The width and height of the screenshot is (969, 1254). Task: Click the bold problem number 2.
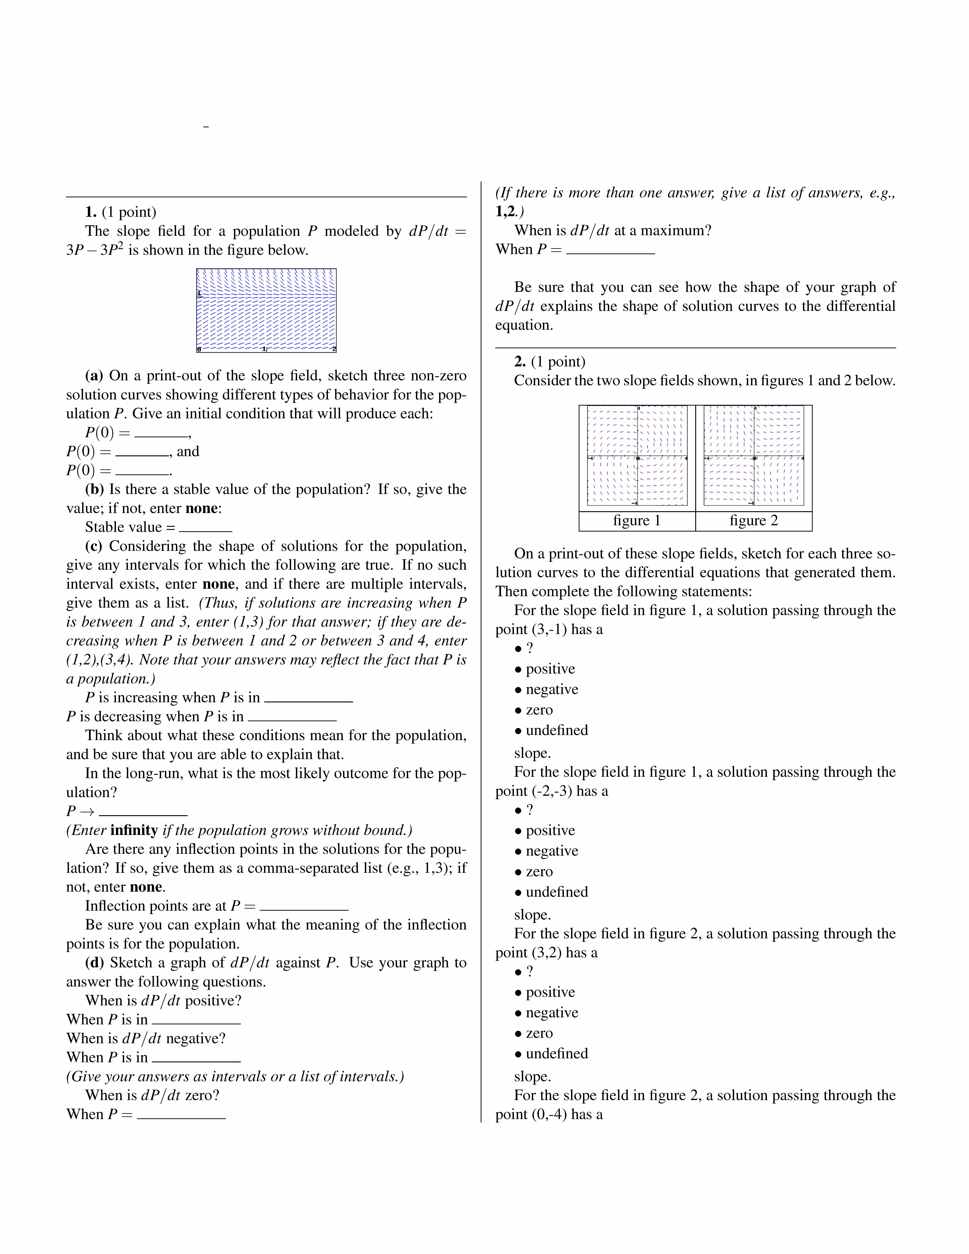520,362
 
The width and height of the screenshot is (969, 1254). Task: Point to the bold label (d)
94,963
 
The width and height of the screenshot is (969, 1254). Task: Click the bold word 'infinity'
134,830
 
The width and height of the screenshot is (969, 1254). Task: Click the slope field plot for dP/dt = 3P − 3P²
266,310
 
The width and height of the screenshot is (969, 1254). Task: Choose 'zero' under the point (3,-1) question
539,710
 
